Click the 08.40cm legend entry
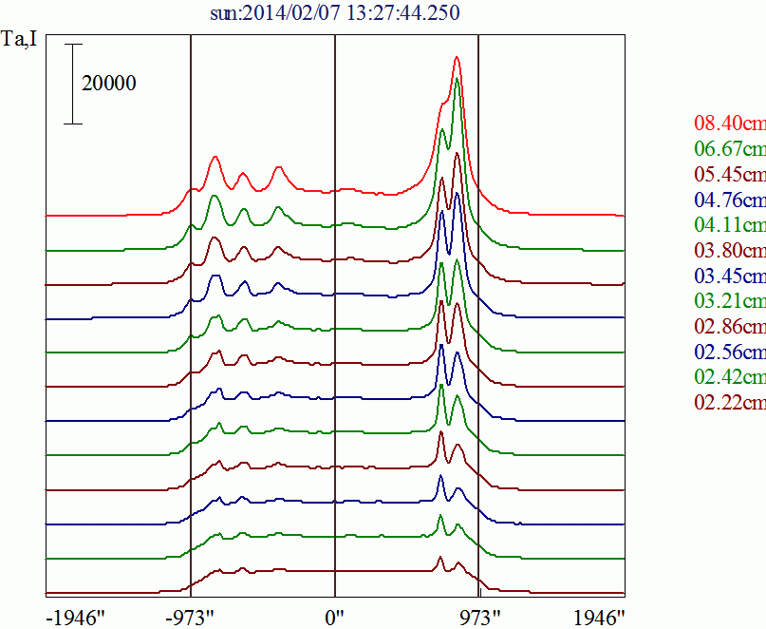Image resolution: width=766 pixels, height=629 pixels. (x=729, y=123)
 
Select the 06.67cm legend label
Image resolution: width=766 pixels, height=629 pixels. (x=729, y=148)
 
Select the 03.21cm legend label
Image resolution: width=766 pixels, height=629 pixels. (x=729, y=301)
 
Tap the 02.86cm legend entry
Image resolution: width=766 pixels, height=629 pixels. (x=729, y=327)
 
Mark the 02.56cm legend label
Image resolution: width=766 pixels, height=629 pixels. (x=729, y=353)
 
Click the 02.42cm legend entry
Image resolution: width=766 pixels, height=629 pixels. (x=729, y=378)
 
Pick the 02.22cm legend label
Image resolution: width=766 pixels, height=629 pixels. (x=729, y=404)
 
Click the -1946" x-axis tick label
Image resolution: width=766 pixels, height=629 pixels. (x=75, y=617)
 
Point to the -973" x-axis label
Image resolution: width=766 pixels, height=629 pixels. (x=190, y=617)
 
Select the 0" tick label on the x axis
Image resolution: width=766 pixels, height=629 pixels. (x=334, y=617)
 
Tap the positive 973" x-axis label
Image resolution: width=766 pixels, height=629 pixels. (x=479, y=617)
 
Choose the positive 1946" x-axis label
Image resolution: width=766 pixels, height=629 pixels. (x=599, y=617)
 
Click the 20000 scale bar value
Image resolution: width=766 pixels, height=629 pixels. (x=109, y=84)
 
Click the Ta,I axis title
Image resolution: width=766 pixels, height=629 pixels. (x=21, y=42)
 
